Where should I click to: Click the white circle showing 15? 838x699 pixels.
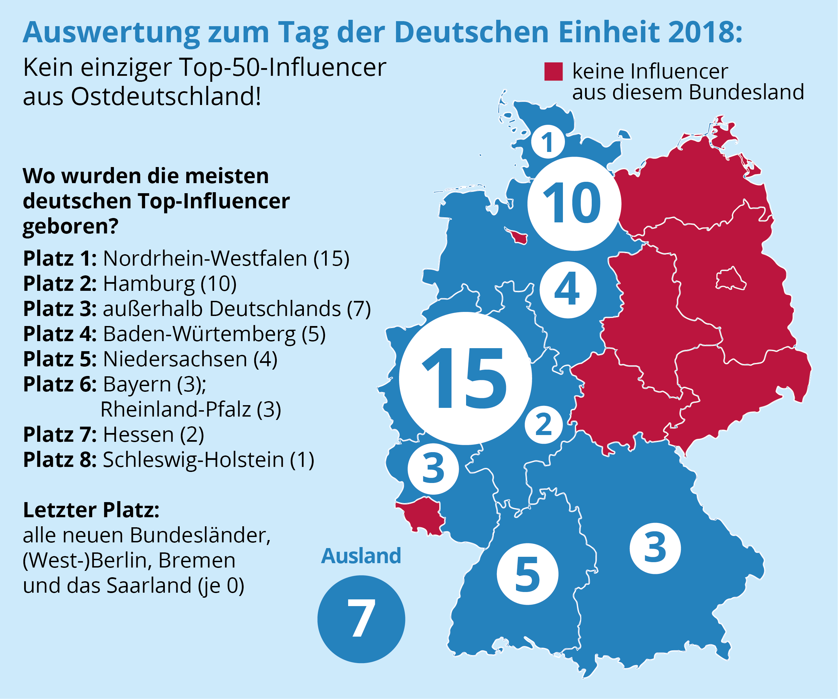[465, 378]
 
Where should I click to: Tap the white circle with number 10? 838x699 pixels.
[574, 204]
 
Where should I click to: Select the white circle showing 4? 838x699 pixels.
[568, 289]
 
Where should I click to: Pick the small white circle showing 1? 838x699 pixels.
[548, 142]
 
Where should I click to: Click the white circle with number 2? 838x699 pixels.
[543, 425]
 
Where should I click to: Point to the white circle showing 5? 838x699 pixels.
[527, 574]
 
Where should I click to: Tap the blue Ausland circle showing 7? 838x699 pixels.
[361, 619]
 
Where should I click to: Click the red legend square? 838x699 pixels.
[554, 71]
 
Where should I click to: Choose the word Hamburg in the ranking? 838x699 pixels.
[149, 284]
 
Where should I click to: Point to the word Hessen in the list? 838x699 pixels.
[138, 435]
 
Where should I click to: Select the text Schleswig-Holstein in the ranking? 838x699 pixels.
[193, 460]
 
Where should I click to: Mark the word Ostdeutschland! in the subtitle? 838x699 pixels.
[166, 97]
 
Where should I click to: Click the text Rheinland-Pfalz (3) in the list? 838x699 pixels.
[191, 410]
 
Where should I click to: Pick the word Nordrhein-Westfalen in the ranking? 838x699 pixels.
[205, 258]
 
